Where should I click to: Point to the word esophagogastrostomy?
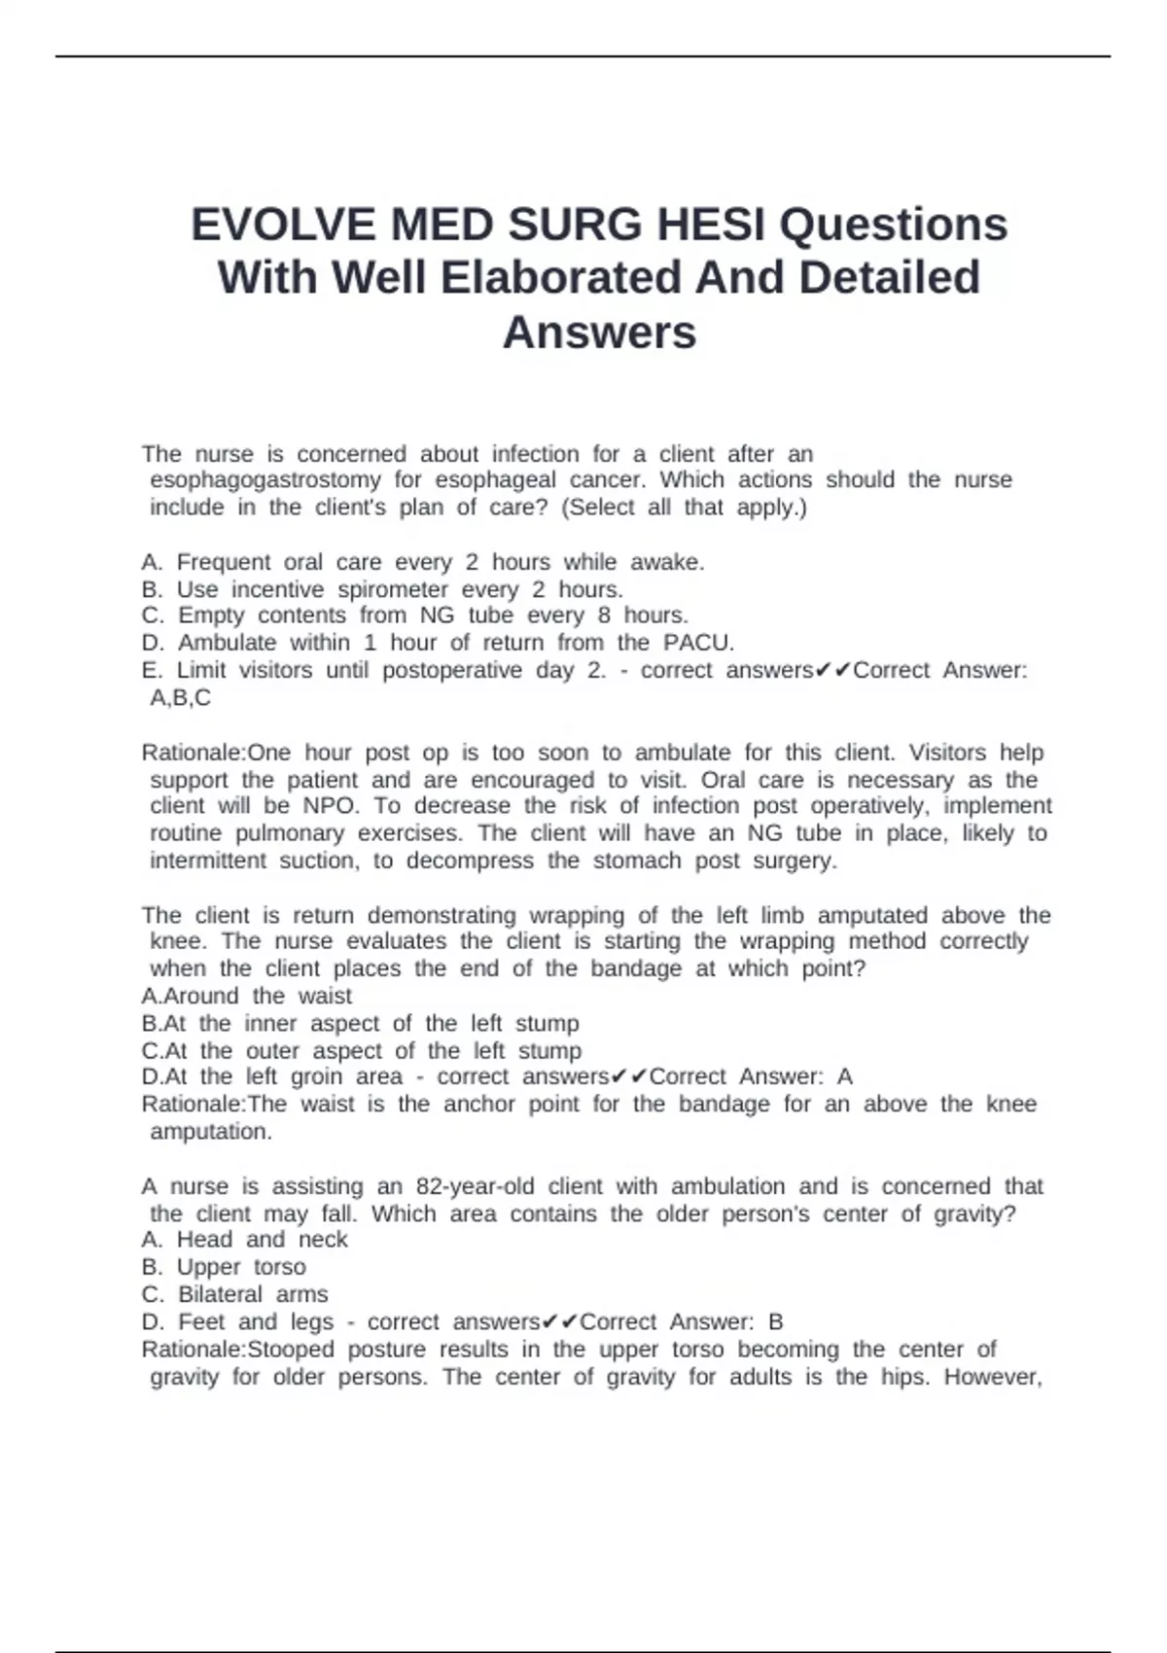pyautogui.click(x=265, y=480)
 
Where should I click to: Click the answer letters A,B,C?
pyautogui.click(x=180, y=698)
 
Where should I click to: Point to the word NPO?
pyautogui.click(x=330, y=806)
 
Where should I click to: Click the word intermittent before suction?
pyautogui.click(x=208, y=861)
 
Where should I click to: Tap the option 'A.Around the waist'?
pyautogui.click(x=247, y=996)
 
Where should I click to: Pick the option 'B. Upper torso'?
pyautogui.click(x=224, y=1267)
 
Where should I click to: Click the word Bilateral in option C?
pyautogui.click(x=220, y=1295)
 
